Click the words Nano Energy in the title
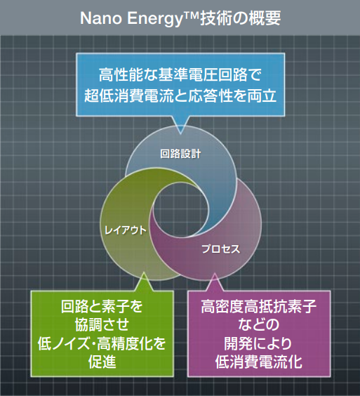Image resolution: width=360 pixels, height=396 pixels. pos(125,18)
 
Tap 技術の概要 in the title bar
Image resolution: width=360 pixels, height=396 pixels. pos(241,18)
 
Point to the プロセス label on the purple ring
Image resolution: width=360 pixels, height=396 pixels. pos(221,249)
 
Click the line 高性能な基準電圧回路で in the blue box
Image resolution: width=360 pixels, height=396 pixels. pos(180,74)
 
